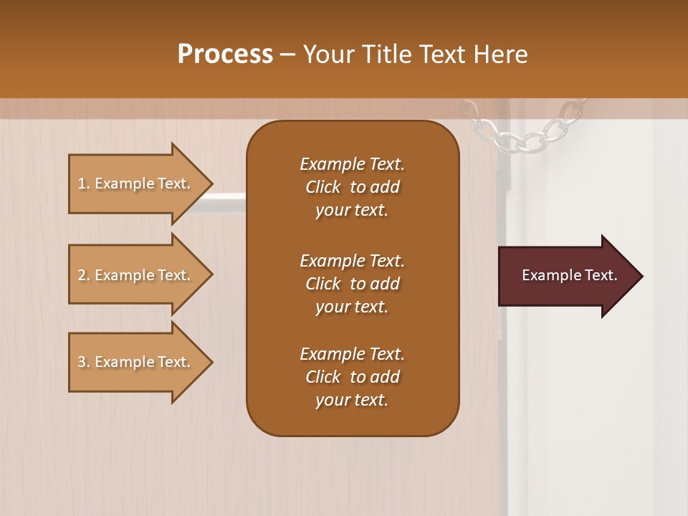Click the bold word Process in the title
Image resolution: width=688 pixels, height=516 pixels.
[x=225, y=54]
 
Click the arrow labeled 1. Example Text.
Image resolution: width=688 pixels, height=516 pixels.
[x=136, y=183]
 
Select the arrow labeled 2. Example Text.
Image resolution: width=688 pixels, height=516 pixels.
[x=136, y=275]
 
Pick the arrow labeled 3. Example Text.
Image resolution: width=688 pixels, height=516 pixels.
[x=136, y=362]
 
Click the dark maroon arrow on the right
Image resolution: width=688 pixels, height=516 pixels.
[x=566, y=276]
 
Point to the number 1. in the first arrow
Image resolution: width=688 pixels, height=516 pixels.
[x=84, y=183]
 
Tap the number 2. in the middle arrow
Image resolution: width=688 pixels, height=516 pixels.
[x=84, y=275]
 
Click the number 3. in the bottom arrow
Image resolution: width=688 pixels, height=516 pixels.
[x=84, y=362]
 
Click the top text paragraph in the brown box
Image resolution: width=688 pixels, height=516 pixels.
[x=352, y=187]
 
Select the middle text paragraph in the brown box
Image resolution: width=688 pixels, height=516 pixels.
[x=352, y=284]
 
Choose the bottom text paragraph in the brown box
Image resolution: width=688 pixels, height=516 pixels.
[x=352, y=377]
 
